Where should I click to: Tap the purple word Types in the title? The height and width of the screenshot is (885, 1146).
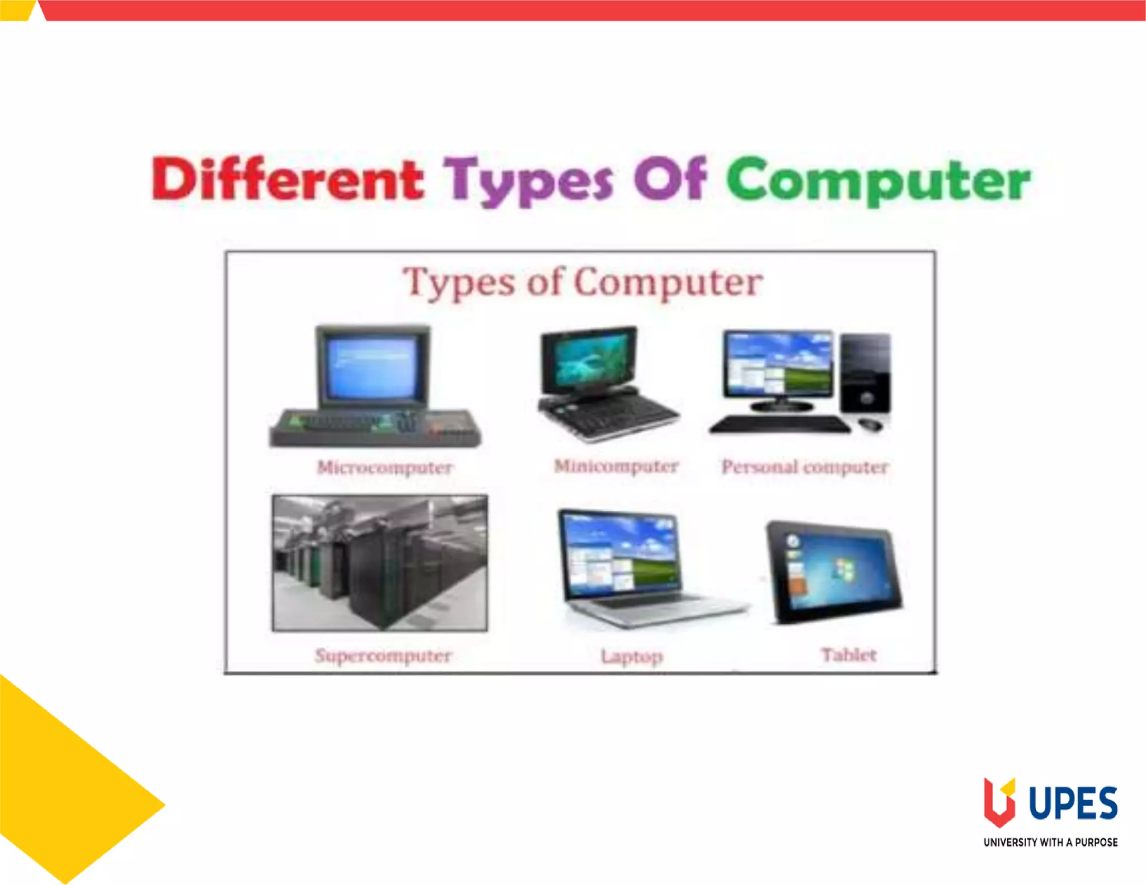[x=528, y=180]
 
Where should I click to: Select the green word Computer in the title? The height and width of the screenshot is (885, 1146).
[x=878, y=180]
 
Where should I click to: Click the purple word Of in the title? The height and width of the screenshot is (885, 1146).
[x=670, y=179]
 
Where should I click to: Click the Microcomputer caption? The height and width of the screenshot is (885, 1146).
[x=384, y=467]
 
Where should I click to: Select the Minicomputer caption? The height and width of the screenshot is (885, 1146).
[x=616, y=466]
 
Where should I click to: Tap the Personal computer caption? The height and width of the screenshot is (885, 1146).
[x=805, y=467]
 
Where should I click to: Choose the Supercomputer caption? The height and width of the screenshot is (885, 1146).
[x=383, y=655]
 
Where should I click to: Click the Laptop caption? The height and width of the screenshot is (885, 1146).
[x=632, y=656]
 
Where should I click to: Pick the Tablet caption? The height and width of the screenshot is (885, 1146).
[x=848, y=655]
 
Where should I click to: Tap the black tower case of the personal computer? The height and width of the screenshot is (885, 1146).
[x=866, y=372]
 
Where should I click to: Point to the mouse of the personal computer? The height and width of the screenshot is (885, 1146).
[x=870, y=425]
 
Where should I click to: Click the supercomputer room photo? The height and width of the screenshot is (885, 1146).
[x=380, y=563]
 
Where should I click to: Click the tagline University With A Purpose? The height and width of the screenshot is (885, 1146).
[x=1050, y=842]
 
